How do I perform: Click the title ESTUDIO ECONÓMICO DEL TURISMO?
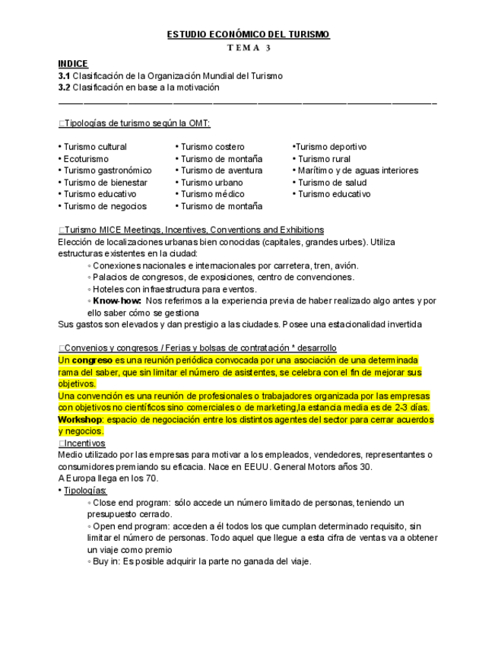(x=249, y=35)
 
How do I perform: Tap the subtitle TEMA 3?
(x=249, y=48)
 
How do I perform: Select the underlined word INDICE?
(x=73, y=64)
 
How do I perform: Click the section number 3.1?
(x=64, y=76)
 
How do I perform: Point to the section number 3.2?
(x=64, y=87)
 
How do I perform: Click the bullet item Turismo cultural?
(x=95, y=147)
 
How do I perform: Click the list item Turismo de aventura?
(x=221, y=170)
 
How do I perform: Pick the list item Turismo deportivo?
(x=331, y=147)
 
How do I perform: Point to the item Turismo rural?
(x=324, y=159)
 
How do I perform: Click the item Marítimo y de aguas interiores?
(x=357, y=170)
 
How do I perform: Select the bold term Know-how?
(x=117, y=300)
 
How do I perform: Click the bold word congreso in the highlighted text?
(x=92, y=360)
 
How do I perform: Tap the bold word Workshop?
(x=80, y=419)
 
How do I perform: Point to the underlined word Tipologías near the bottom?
(x=85, y=491)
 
